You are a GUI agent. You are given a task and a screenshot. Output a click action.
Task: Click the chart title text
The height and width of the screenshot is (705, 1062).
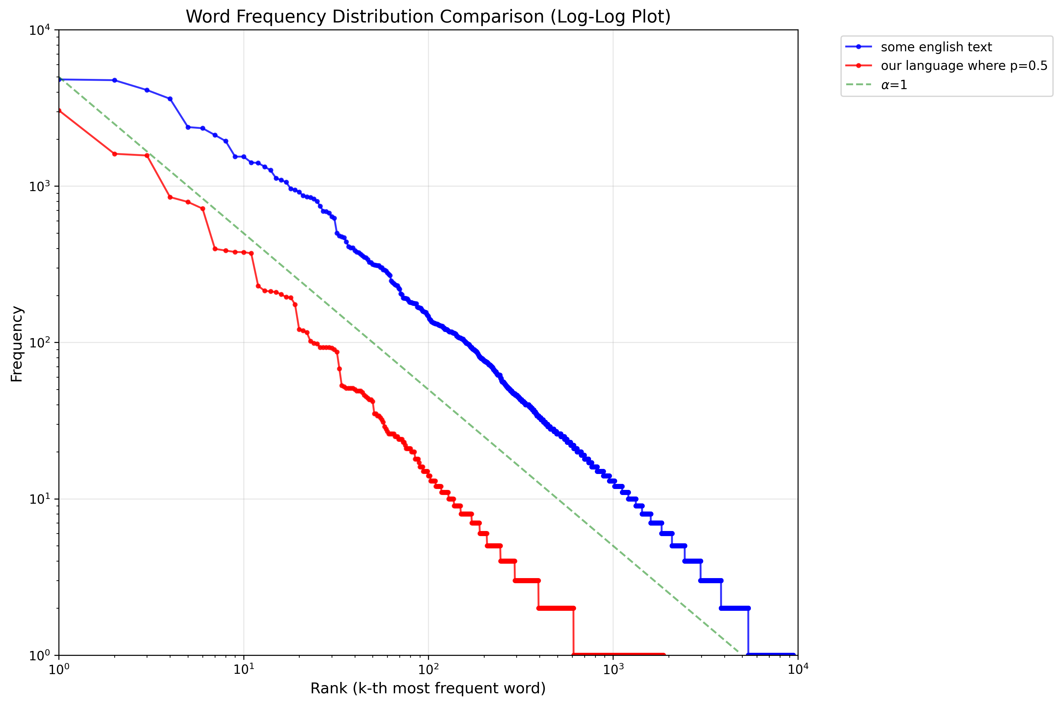point(428,16)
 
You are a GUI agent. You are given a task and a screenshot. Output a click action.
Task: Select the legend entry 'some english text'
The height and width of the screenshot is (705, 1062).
point(936,47)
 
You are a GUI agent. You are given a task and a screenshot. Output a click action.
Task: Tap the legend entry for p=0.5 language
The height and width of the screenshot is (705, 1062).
point(964,66)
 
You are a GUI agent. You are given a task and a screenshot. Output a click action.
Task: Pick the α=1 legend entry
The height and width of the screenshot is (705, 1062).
point(894,85)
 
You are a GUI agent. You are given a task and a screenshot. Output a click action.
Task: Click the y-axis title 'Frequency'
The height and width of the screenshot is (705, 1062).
point(16,344)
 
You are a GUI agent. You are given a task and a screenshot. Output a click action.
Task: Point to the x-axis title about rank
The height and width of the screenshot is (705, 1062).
point(428,688)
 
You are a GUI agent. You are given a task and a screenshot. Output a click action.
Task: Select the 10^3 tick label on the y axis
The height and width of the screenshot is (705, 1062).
point(40,186)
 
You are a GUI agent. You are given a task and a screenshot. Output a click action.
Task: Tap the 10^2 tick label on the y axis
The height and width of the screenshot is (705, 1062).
point(40,343)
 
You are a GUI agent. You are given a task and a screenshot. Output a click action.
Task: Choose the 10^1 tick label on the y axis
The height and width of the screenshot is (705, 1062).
point(40,499)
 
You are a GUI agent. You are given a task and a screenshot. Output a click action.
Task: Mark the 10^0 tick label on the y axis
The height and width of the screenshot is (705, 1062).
point(40,655)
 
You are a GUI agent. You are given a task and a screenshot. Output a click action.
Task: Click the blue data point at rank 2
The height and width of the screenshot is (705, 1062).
point(115,80)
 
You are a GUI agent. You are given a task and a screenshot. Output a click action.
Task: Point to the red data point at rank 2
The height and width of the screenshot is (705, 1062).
point(115,154)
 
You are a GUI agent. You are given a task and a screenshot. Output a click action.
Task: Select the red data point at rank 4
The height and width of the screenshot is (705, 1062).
point(170,197)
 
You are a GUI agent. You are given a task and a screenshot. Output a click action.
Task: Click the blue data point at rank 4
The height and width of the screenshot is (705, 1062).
point(170,99)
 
